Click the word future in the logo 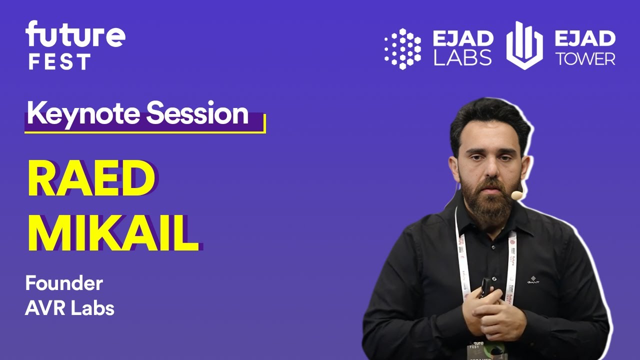pos(75,35)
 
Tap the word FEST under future pos(59,62)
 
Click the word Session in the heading pos(197,114)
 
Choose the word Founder pos(64,284)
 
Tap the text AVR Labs pos(69,308)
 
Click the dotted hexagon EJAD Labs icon pos(402,48)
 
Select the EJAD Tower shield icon pos(524,46)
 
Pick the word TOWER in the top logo pos(585,59)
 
